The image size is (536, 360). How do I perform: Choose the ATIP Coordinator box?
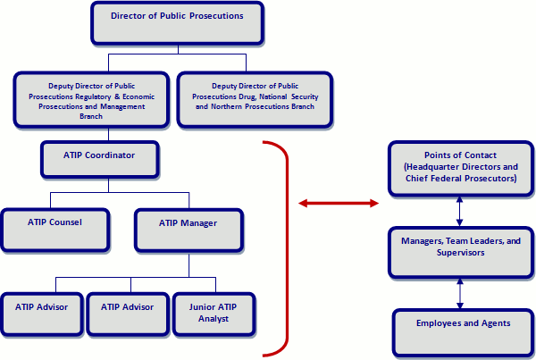100,158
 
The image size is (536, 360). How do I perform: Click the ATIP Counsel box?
55,228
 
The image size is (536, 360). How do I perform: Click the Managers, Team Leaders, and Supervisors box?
459,251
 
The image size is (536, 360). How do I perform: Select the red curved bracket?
287,241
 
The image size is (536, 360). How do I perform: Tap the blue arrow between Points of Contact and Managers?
460,211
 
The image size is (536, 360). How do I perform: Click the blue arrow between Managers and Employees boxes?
460,291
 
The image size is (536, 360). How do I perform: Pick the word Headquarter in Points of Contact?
435,167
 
